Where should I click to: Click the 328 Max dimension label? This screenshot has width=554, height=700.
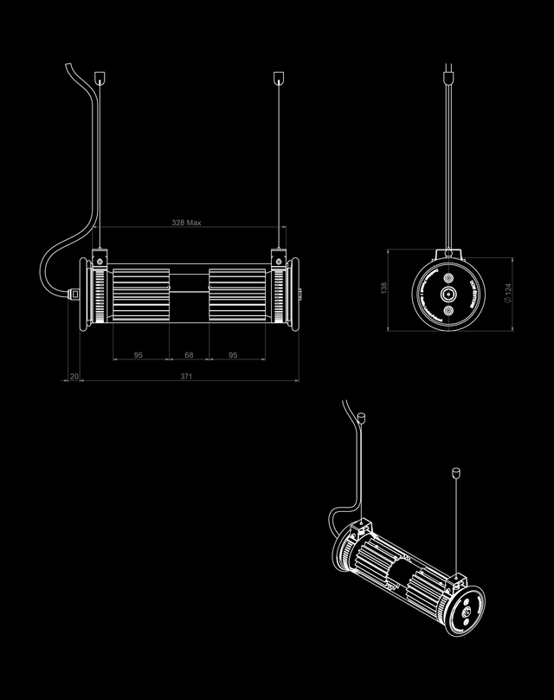click(186, 223)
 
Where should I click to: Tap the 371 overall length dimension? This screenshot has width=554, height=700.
click(186, 377)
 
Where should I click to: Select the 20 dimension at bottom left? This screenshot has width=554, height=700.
click(74, 377)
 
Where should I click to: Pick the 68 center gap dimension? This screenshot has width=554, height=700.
click(188, 355)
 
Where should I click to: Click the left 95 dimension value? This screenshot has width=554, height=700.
click(138, 355)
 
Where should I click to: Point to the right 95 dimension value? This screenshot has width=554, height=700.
click(233, 355)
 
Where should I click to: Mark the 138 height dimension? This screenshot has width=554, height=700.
click(383, 288)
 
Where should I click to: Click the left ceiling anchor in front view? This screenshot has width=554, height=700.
click(100, 77)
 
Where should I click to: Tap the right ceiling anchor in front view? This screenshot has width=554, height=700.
click(278, 77)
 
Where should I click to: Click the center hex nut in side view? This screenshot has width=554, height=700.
click(448, 295)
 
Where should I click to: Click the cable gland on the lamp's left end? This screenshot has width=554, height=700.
click(74, 295)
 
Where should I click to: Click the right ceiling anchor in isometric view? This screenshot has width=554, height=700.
click(455, 473)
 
